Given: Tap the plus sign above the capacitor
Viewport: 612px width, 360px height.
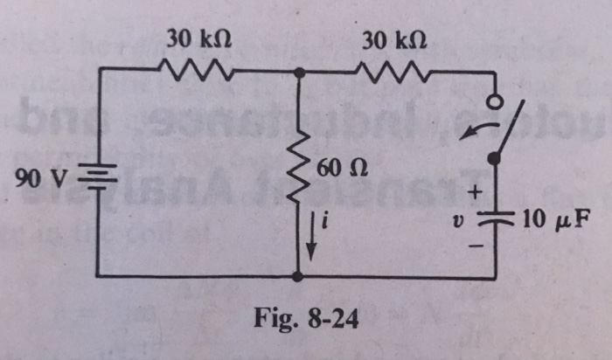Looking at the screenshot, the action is [477, 190].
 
